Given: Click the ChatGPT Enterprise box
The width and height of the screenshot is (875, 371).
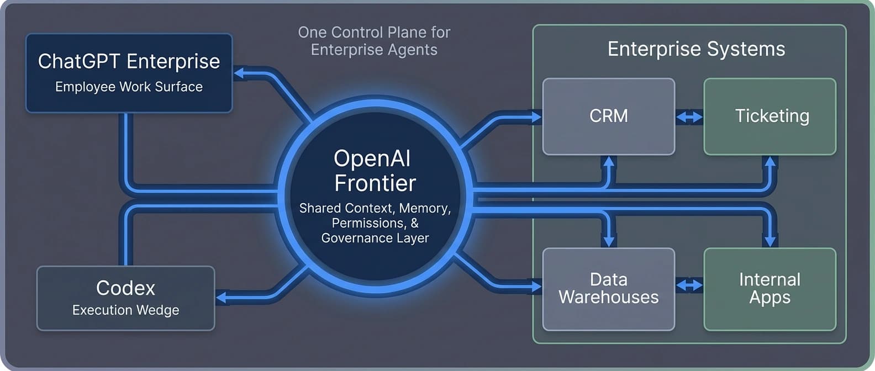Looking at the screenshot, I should [x=129, y=73].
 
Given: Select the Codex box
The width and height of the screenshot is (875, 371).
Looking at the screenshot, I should [x=125, y=298].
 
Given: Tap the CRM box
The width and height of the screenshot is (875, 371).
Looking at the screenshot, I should [x=608, y=116].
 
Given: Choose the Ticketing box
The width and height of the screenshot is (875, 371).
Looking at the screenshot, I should [x=769, y=116].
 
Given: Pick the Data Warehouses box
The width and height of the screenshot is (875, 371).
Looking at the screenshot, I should [x=608, y=289].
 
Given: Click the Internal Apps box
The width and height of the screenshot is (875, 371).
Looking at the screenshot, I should [x=769, y=289].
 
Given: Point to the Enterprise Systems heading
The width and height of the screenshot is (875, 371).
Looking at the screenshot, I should [x=696, y=49].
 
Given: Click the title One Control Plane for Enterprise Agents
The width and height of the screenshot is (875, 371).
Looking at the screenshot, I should [x=374, y=41].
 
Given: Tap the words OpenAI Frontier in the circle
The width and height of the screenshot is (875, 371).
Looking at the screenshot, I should [x=375, y=171].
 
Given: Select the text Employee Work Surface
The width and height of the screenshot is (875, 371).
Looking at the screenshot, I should [x=129, y=87].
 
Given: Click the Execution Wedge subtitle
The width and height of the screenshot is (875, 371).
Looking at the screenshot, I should [x=125, y=310].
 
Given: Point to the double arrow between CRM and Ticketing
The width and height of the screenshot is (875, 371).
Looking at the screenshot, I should [x=689, y=117].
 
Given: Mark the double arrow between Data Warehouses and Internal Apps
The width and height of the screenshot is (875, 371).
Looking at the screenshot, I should [x=689, y=285].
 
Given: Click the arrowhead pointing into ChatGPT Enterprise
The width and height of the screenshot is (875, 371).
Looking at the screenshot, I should [x=240, y=73].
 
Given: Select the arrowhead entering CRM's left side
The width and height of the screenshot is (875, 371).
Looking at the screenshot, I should [x=536, y=117].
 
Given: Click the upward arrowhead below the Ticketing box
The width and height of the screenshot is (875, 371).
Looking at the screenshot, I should [x=769, y=161].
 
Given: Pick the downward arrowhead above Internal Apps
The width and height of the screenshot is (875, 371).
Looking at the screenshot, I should [x=769, y=241].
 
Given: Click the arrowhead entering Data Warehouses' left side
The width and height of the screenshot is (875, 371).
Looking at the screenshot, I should [x=536, y=286].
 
